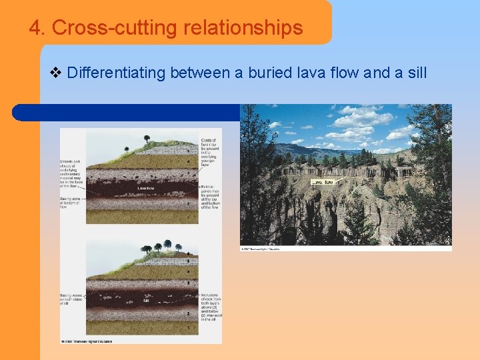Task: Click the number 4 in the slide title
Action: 35,28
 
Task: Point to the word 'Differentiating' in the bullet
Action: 116,72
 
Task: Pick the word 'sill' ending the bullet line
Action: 416,72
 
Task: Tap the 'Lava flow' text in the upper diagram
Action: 146,189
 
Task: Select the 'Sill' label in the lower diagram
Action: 146,301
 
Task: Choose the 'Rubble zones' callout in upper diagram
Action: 209,197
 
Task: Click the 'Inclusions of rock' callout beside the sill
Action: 211,306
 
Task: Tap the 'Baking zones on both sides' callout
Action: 72,299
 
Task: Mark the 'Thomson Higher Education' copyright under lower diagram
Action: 87,341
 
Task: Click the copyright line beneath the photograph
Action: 261,249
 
